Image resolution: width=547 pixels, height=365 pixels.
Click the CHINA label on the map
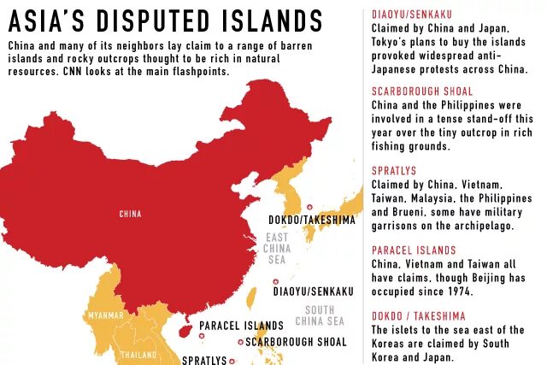click(x=130, y=214)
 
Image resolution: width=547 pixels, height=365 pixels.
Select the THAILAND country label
click(x=138, y=354)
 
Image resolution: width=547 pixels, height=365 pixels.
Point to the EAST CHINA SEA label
click(x=277, y=248)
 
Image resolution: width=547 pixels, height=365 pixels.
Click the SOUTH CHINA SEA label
click(x=320, y=315)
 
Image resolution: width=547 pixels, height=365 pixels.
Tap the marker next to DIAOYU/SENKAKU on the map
click(x=275, y=281)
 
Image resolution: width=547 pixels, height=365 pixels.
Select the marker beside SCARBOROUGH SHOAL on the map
click(x=241, y=342)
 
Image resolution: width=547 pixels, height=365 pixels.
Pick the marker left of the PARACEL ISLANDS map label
click(x=192, y=325)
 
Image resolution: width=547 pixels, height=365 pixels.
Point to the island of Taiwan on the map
click(x=251, y=297)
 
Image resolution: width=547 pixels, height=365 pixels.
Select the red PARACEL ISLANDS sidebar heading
click(x=414, y=250)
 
